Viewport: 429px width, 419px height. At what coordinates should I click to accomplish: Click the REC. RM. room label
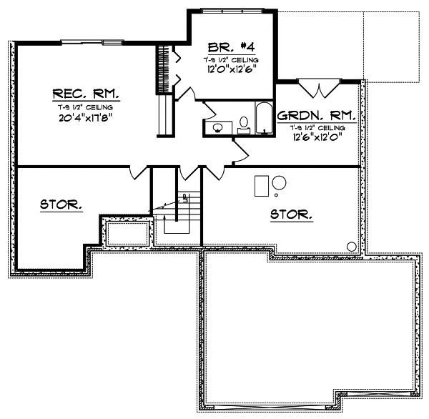coord(86,94)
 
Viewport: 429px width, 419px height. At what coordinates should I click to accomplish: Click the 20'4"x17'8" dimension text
coord(86,117)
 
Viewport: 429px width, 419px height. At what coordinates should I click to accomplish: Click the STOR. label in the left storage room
coord(61,204)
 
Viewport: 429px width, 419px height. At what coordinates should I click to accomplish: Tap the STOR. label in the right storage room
coord(291,213)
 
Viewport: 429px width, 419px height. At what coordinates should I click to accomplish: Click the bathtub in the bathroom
coord(265,119)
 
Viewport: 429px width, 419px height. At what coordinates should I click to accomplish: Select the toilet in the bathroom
coord(244,126)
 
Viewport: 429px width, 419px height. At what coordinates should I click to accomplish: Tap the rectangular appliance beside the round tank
coord(262,185)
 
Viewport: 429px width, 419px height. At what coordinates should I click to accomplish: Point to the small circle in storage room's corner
coord(351,247)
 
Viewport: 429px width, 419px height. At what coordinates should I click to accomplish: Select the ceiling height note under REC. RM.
coord(86,106)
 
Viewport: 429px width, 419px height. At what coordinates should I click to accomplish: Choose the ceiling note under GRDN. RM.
coord(318,127)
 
